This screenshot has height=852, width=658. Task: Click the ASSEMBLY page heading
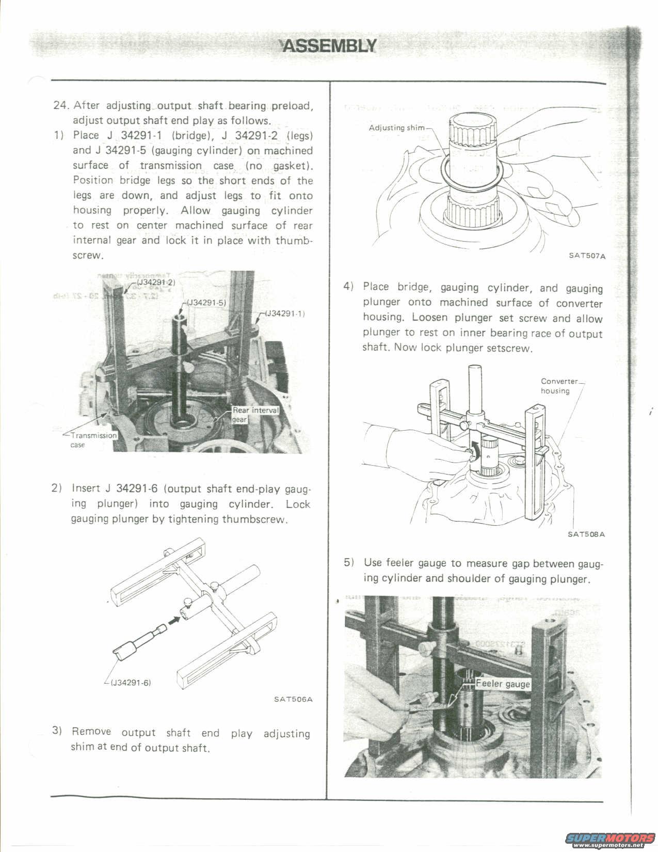click(328, 46)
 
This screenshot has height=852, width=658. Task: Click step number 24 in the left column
click(61, 105)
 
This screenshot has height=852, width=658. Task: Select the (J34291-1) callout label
click(285, 313)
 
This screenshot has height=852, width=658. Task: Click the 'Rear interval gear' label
click(255, 414)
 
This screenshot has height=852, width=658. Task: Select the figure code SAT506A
click(293, 700)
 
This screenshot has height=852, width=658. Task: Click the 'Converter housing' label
click(559, 386)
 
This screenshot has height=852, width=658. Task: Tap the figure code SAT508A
click(586, 534)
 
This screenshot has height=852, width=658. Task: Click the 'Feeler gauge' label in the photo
click(503, 684)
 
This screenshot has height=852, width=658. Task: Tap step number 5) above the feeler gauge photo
click(349, 562)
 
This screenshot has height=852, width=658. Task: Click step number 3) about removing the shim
click(57, 731)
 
